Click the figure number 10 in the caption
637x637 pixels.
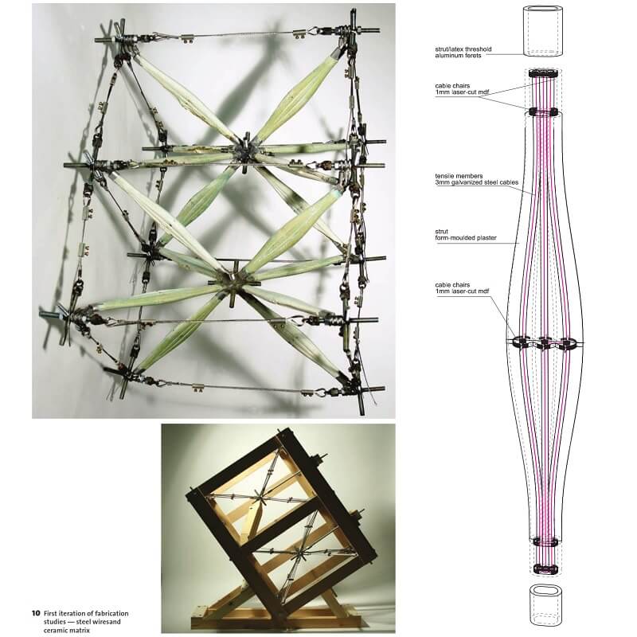(x=35, y=613)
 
